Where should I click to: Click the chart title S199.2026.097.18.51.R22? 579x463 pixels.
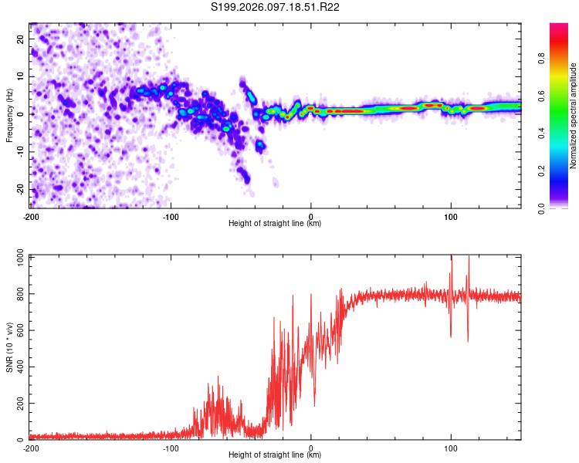pos(276,8)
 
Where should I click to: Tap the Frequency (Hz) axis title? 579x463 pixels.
pos(9,115)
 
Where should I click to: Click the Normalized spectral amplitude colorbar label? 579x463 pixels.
pos(574,116)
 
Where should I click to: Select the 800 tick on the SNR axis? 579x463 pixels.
pos(19,295)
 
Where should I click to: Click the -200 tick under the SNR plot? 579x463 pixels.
pos(31,448)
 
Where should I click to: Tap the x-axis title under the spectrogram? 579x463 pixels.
pos(276,224)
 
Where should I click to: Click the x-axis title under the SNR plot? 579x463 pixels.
pos(276,455)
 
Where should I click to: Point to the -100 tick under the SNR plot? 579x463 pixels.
pos(171,448)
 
